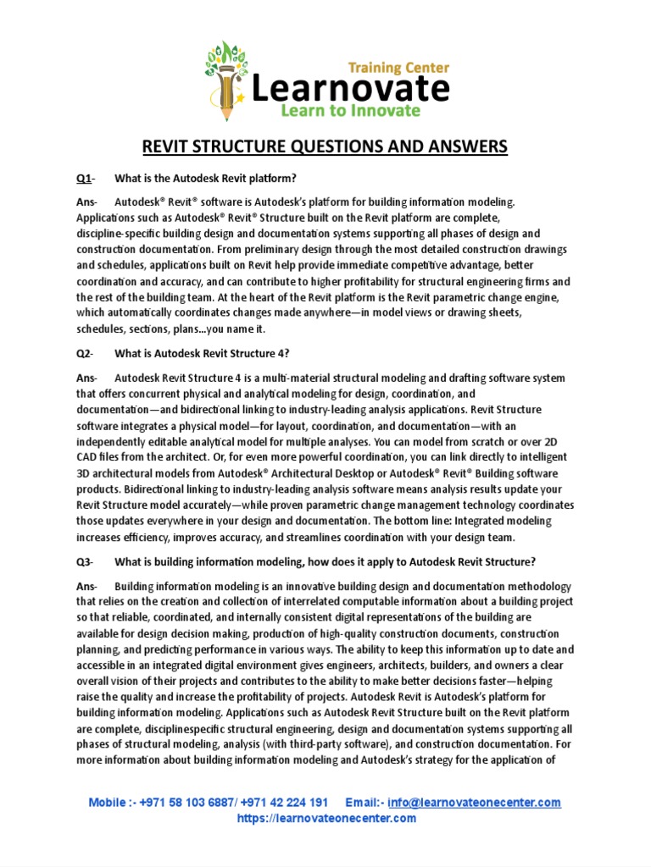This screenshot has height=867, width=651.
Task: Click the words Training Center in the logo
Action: (x=398, y=68)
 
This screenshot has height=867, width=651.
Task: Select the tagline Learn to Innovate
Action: (x=352, y=110)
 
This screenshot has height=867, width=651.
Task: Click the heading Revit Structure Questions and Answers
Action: (x=324, y=147)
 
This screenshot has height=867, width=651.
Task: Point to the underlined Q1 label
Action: (x=83, y=178)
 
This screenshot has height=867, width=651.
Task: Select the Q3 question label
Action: (x=83, y=562)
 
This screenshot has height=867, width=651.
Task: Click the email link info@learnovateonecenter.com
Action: (x=474, y=802)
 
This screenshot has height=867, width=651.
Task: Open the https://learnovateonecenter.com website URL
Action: (x=325, y=818)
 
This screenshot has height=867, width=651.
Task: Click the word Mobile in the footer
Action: (x=109, y=802)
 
